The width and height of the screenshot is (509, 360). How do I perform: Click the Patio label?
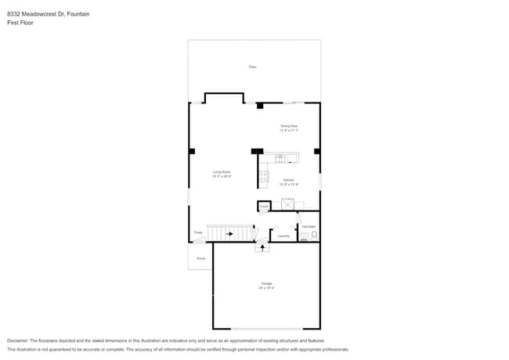pyautogui.click(x=253, y=67)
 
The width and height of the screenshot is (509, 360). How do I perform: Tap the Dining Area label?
pyautogui.click(x=289, y=126)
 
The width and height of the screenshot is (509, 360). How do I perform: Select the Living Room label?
pyautogui.click(x=222, y=172)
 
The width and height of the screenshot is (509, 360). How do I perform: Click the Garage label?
pyautogui.click(x=266, y=283)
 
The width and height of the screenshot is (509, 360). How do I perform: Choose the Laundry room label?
pyautogui.click(x=283, y=236)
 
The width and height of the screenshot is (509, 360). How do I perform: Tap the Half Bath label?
pyautogui.click(x=309, y=227)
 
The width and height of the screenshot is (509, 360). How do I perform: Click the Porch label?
pyautogui.click(x=200, y=258)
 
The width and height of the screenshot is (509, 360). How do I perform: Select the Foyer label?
pyautogui.click(x=198, y=232)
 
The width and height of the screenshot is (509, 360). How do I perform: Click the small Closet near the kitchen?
pyautogui.click(x=265, y=207)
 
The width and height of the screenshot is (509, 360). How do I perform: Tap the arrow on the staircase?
pyautogui.click(x=230, y=233)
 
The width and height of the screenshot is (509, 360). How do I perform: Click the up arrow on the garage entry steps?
pyautogui.click(x=262, y=247)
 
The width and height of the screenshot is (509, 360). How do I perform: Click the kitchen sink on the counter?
pyautogui.click(x=281, y=158)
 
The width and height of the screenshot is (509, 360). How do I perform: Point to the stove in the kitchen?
pyautogui.click(x=264, y=178)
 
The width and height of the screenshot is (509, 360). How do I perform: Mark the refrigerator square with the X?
pyautogui.click(x=287, y=204)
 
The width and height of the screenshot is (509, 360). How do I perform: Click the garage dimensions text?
pyautogui.click(x=266, y=289)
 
